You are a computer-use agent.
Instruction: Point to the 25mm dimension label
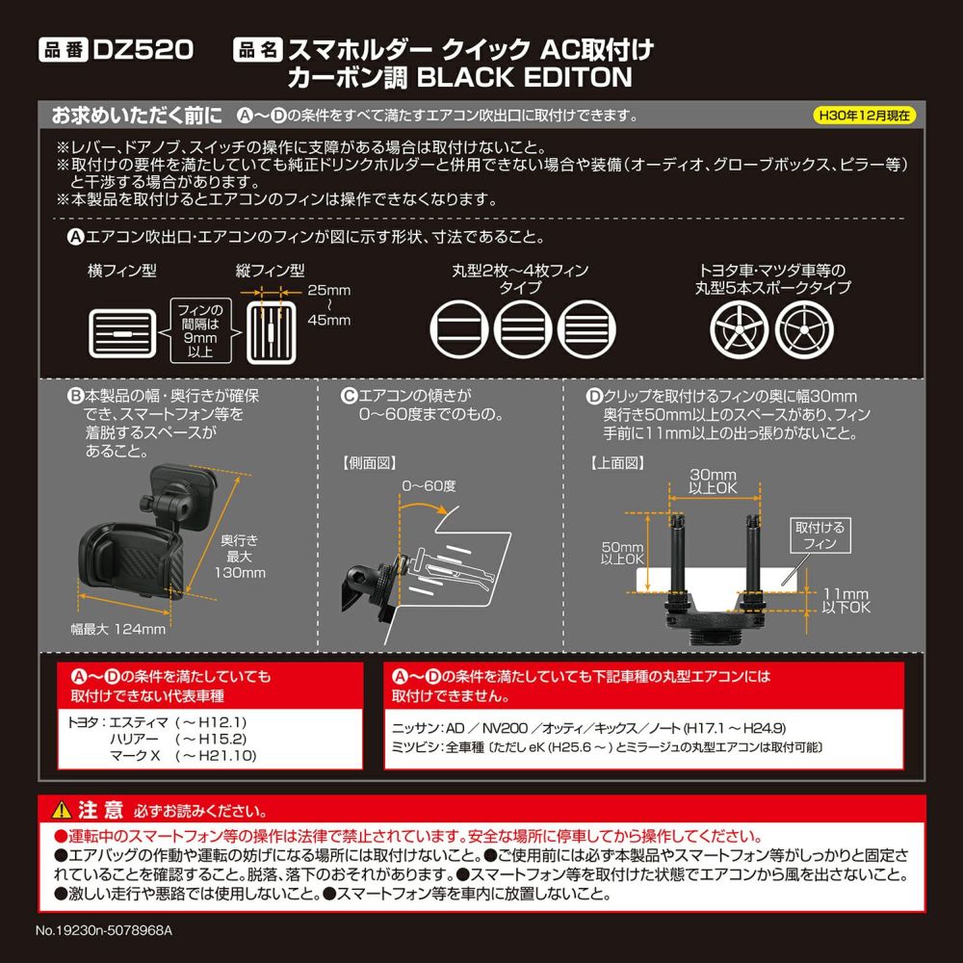tap(328, 288)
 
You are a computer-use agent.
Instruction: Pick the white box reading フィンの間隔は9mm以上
tap(201, 328)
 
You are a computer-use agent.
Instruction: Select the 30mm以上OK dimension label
tap(713, 481)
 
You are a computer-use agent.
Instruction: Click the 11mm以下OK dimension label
tap(846, 601)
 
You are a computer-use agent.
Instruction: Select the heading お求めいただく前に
tap(137, 115)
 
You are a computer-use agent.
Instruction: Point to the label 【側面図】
tap(370, 463)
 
